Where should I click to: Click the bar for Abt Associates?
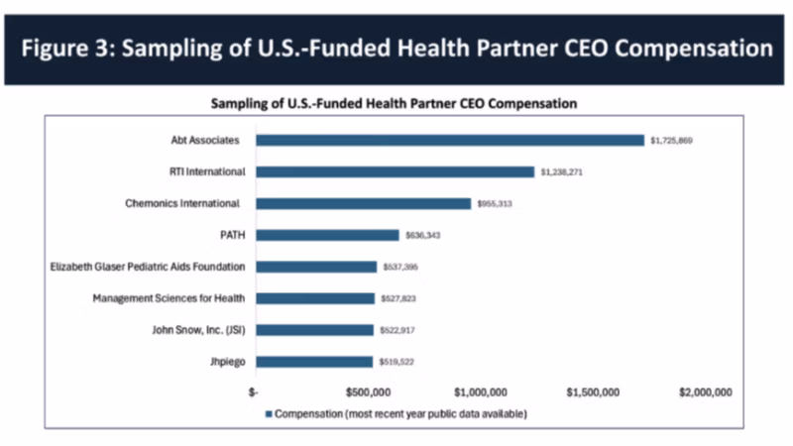450,140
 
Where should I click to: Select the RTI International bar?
395,171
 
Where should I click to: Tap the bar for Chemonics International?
363,203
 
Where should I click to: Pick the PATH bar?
327,235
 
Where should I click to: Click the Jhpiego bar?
314,362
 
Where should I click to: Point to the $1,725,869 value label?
671,141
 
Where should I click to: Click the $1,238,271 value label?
561,172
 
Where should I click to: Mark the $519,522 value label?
395,363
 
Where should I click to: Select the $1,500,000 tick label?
595,392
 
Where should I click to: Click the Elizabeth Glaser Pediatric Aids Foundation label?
148,267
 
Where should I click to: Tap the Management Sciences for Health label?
169,298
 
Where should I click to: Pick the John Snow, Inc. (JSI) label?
190,330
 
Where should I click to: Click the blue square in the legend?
268,412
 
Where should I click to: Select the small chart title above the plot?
395,102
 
